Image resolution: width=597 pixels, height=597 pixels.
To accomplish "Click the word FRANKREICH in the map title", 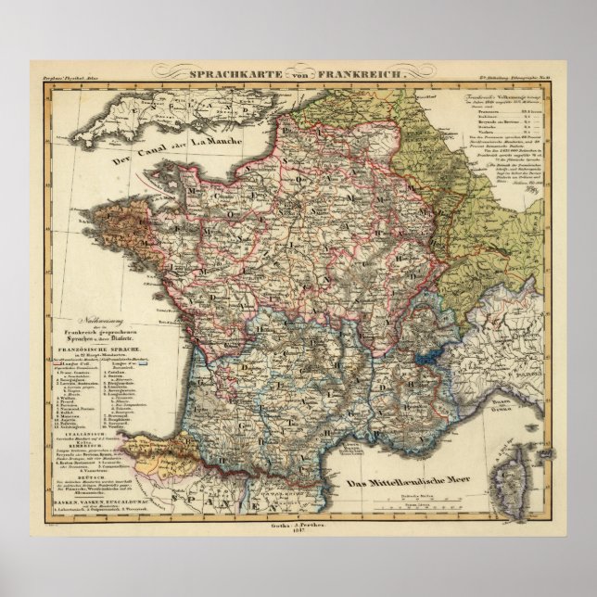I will click(x=354, y=70).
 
